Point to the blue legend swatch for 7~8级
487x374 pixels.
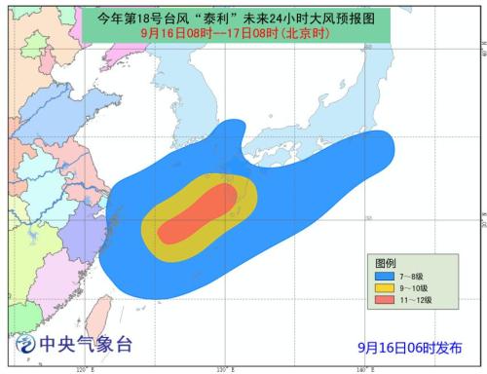tap(383, 277)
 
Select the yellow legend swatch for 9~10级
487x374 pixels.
tap(383, 288)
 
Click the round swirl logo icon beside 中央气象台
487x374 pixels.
tap(24, 346)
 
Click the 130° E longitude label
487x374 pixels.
tap(222, 369)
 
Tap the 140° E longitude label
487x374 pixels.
tap(361, 369)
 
